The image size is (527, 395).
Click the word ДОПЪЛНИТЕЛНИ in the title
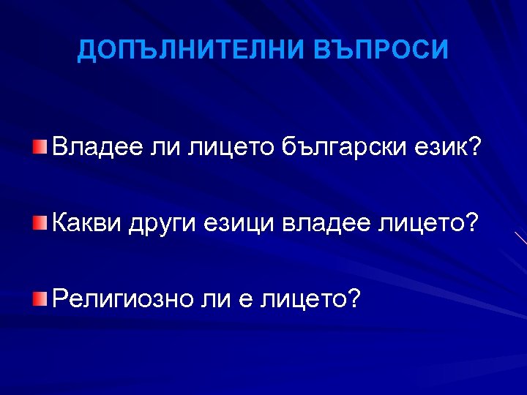point(189,50)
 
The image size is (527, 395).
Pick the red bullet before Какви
point(40,222)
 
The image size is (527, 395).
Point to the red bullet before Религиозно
point(40,298)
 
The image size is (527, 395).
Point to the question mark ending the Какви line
point(474,221)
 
